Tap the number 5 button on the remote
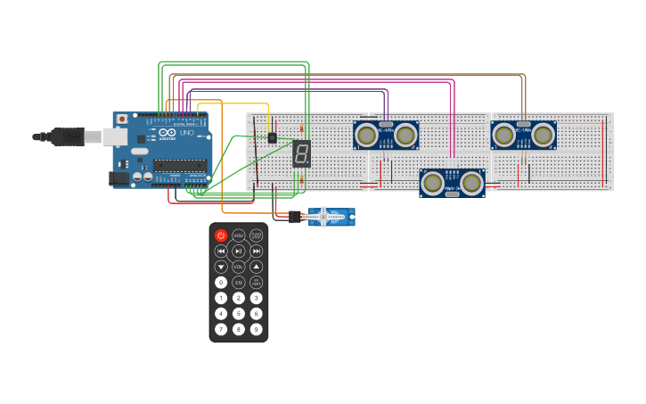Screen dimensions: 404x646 tap(239, 313)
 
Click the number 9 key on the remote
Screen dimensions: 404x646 tap(257, 329)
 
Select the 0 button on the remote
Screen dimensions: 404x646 tap(221, 282)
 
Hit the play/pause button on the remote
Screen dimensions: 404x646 tap(239, 251)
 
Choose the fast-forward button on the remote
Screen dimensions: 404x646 tap(257, 251)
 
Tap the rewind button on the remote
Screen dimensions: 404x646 tap(221, 251)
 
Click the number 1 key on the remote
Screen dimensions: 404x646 tap(221, 298)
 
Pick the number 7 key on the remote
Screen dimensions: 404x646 tap(221, 329)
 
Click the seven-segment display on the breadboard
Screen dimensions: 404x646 tap(301, 153)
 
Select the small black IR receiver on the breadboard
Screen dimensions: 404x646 tap(272, 138)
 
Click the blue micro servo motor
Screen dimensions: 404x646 tap(331, 217)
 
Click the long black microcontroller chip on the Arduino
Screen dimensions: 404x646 tap(179, 165)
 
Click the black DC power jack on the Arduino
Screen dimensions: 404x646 tap(119, 178)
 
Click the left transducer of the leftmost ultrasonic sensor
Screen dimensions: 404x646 tap(365, 136)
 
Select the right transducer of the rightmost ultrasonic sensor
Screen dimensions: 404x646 tap(543, 136)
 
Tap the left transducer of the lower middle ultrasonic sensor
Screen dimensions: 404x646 tap(433, 183)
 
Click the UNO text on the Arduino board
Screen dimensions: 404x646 tap(186, 133)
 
